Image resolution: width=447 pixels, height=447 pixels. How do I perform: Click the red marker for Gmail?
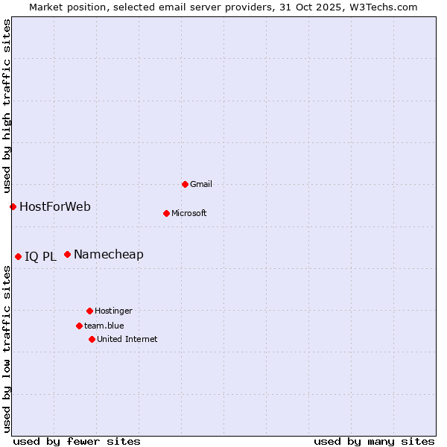[185, 184]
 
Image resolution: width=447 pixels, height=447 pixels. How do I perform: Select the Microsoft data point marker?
[166, 213]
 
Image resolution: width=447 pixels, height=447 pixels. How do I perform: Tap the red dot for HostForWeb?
[13, 206]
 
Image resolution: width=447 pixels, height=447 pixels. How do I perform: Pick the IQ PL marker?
[18, 256]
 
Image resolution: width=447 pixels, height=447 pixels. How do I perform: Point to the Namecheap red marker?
[67, 254]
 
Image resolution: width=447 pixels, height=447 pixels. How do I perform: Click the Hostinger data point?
[89, 311]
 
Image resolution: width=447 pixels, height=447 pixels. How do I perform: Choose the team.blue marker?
[79, 326]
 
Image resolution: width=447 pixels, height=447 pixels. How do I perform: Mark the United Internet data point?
[92, 339]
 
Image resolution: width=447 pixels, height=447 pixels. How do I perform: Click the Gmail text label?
[201, 184]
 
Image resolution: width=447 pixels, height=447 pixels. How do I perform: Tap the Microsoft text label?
[188, 213]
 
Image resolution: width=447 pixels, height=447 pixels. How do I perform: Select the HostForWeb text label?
[55, 206]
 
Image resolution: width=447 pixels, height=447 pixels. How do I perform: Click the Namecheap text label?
[109, 254]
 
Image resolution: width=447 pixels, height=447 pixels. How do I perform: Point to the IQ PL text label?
[40, 257]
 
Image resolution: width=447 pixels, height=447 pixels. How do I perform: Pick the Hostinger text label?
[113, 311]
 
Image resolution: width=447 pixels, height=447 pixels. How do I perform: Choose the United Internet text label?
[127, 339]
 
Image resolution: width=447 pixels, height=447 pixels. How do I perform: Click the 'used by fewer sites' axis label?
[77, 441]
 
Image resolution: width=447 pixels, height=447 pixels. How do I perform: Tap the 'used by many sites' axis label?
[374, 441]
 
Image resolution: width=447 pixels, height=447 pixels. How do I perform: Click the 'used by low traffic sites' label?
[7, 349]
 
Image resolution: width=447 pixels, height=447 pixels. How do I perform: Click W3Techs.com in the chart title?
[384, 7]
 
